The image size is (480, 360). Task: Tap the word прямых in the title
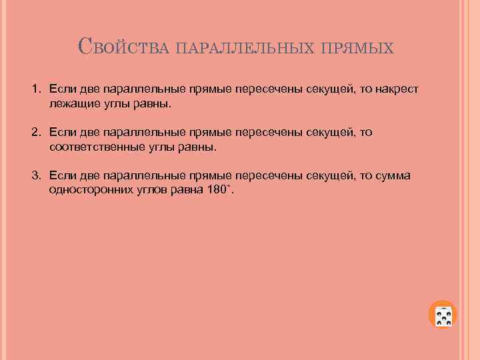[358, 49]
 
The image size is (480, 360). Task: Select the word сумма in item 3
[393, 176]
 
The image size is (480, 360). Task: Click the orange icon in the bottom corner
[443, 315]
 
